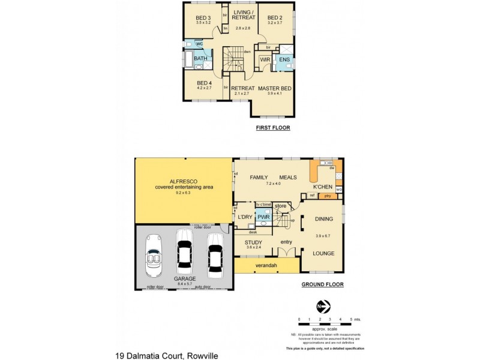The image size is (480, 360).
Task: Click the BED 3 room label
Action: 203,17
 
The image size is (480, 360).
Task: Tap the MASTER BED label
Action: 275,88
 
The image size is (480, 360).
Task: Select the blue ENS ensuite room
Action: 284,60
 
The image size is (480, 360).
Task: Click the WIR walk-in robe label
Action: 265,60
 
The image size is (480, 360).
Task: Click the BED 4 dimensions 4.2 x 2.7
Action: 204,88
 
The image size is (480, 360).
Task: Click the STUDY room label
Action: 253,242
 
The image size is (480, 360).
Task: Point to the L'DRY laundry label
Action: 244,217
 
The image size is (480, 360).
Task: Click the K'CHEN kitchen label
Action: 323,186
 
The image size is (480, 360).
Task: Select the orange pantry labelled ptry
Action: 328,196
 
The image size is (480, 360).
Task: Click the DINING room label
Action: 323,219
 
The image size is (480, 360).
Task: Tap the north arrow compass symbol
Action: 323,307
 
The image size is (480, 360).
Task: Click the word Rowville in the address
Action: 202,356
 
